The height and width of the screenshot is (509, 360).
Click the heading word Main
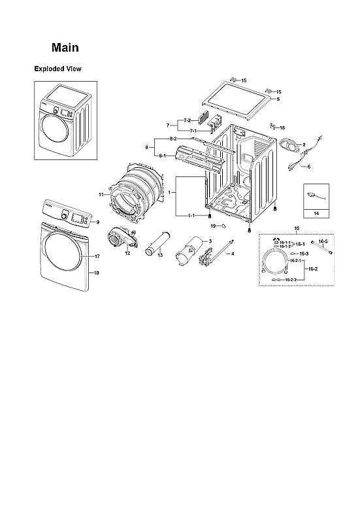[65, 48]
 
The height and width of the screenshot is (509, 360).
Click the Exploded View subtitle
[57, 69]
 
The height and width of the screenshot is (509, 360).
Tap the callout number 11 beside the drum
[101, 195]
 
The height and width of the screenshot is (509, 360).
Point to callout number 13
[159, 255]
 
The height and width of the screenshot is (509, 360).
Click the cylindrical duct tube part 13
[159, 241]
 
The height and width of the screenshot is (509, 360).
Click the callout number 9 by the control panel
[97, 222]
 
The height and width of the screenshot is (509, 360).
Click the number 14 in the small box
[316, 214]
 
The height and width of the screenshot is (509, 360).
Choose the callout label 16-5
[323, 241]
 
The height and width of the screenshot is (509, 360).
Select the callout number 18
[282, 128]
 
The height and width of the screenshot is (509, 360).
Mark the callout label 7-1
[193, 131]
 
